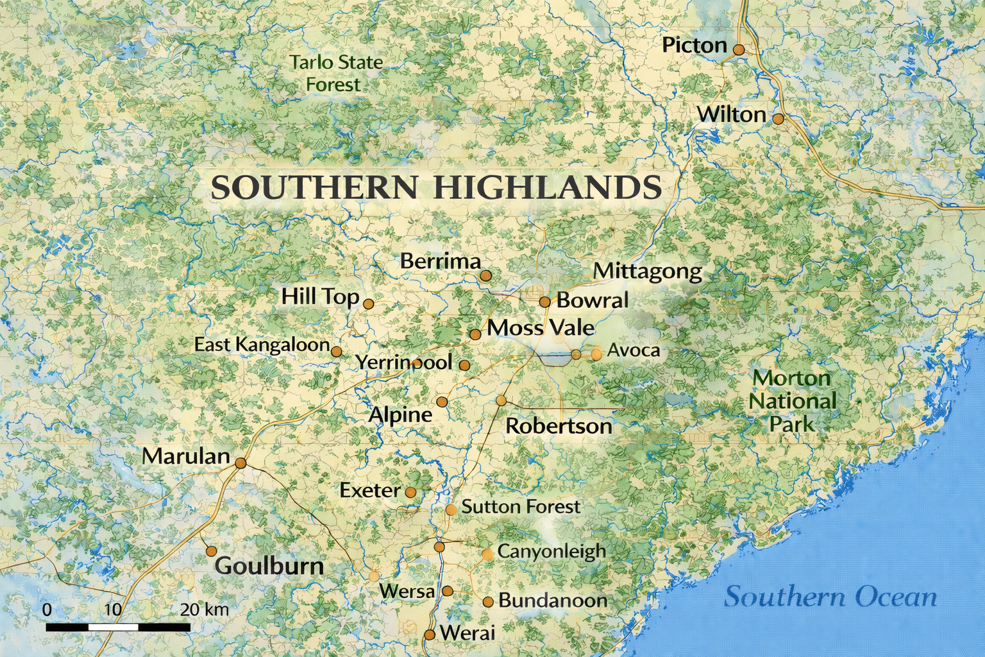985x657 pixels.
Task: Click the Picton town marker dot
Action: point(739,49)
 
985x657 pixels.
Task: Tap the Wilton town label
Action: point(731,115)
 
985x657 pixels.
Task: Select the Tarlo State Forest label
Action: point(335,73)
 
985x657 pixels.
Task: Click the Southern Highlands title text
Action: point(436,187)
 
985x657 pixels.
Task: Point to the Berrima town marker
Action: point(485,275)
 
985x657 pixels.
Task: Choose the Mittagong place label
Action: point(647,271)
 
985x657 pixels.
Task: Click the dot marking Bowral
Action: point(544,302)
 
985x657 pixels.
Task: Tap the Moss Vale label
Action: point(541,328)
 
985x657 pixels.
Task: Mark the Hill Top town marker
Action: point(368,303)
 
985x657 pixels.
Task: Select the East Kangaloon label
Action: point(262,345)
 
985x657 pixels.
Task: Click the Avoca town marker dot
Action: point(596,354)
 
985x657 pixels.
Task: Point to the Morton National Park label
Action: point(792,401)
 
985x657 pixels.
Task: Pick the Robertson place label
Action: point(559,426)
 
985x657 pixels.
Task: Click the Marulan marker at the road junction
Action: point(240,463)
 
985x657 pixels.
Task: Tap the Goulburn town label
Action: point(269,566)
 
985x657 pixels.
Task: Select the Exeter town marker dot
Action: point(410,493)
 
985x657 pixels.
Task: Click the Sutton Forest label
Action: point(521,507)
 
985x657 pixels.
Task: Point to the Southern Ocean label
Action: point(830,597)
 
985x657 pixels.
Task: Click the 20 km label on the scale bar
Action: point(204,609)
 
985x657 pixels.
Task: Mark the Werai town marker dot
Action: point(430,635)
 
